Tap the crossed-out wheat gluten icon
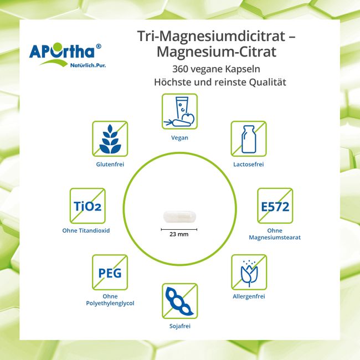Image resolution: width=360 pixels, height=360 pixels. click(110, 138)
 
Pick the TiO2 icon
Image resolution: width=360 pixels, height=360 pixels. click(88, 205)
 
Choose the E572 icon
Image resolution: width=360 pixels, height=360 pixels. click(275, 205)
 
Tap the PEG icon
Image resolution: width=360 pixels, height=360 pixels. click(110, 272)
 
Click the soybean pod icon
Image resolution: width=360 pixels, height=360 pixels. click(179, 301)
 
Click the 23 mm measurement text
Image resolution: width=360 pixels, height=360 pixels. click(179, 234)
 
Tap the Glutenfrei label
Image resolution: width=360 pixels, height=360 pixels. click(110, 164)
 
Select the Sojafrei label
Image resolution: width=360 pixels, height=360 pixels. click(179, 326)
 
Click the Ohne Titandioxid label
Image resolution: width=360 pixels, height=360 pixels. click(88, 230)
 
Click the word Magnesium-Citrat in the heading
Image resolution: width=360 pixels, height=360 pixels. click(218, 52)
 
